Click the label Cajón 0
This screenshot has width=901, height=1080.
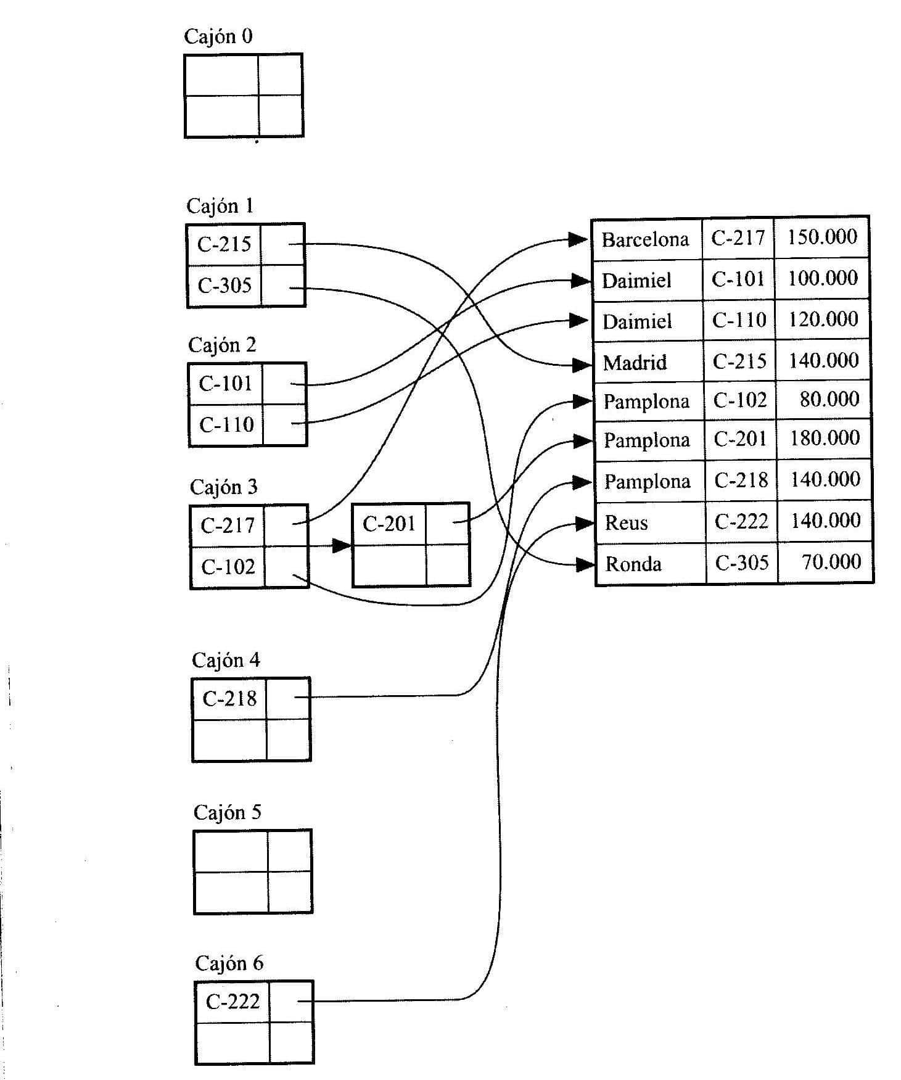coord(218,36)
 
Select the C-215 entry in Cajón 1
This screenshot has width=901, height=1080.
coord(224,244)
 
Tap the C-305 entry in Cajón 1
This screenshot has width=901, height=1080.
coord(224,286)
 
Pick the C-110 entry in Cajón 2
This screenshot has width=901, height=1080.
coord(226,424)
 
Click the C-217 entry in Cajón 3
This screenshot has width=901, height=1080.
coord(227,526)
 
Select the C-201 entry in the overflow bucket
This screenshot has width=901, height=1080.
coord(389,524)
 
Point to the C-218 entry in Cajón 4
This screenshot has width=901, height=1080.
coord(229,698)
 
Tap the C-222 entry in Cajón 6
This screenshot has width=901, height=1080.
coord(232,1001)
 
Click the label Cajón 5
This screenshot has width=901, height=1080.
coord(227,812)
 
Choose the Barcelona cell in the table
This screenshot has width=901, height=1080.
coord(645,239)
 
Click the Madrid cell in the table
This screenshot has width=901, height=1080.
coord(635,362)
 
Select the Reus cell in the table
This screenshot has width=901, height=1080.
coord(626,523)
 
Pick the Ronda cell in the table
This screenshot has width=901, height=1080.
coord(633,564)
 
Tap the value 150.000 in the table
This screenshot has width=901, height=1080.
coord(822,236)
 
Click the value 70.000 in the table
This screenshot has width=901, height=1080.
coord(831,561)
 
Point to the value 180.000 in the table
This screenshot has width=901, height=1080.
coord(825,438)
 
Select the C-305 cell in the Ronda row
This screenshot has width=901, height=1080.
coord(741,563)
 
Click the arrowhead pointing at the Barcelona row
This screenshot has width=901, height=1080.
coord(578,239)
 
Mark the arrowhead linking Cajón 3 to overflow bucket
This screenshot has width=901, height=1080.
coord(342,545)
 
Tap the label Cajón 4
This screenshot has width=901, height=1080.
coord(226,661)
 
